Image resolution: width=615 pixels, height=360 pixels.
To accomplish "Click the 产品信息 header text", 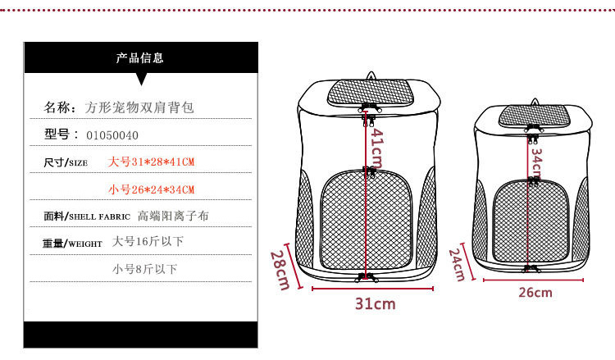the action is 140,57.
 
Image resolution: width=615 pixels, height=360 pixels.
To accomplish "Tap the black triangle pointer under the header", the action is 140,79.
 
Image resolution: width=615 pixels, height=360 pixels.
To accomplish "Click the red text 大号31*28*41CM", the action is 151,162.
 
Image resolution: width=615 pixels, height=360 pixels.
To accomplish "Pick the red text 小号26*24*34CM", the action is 151,189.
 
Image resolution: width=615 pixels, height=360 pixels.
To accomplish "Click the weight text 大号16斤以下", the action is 148,242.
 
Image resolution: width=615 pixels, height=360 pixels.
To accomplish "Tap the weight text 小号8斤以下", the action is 144,268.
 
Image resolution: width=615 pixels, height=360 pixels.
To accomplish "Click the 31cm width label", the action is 375,304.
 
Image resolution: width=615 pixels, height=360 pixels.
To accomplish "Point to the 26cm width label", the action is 535,293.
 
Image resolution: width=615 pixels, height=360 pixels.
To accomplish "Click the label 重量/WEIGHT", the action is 72,243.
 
